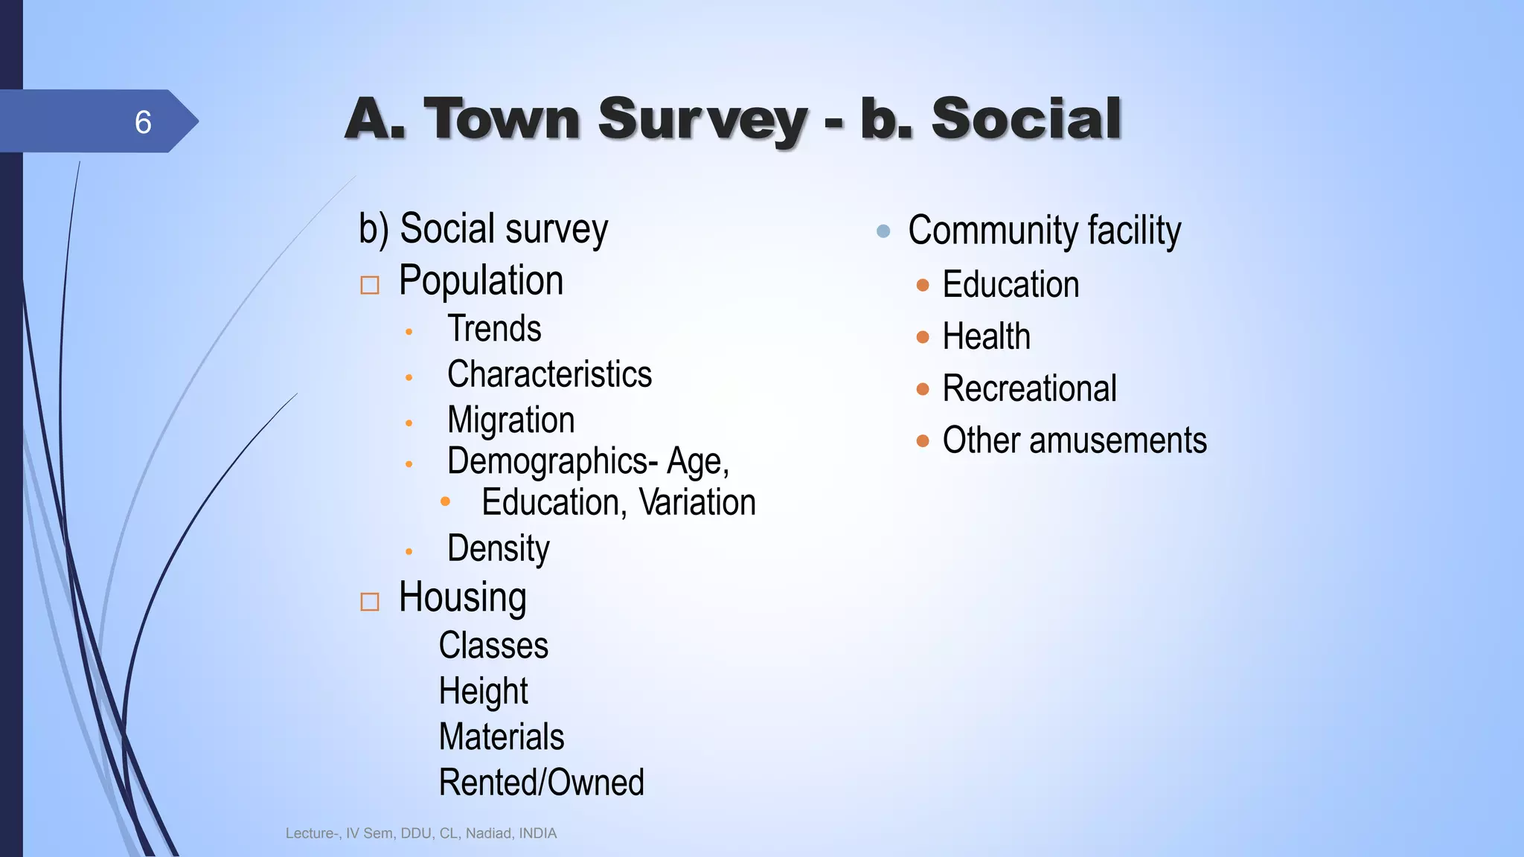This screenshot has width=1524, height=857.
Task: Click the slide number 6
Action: click(x=143, y=122)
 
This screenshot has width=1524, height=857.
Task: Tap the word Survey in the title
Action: click(x=702, y=119)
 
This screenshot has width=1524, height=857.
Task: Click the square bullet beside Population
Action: click(x=370, y=285)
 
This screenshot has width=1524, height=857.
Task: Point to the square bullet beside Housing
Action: click(x=370, y=601)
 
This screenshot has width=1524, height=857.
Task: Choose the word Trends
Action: click(x=494, y=329)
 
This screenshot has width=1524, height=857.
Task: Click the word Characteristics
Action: click(x=549, y=374)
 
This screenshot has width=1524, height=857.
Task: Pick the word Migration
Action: click(x=510, y=420)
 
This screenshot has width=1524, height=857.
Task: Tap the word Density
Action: click(x=498, y=549)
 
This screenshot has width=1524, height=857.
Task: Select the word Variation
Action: click(x=697, y=502)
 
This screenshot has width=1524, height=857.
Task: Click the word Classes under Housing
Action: click(x=493, y=646)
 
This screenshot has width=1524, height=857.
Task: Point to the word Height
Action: click(x=483, y=691)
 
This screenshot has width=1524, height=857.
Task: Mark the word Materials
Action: click(x=502, y=737)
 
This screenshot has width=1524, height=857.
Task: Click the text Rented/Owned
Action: click(x=541, y=783)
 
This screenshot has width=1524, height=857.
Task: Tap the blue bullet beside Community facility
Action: click(x=883, y=231)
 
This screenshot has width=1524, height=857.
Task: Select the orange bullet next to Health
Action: click(x=923, y=337)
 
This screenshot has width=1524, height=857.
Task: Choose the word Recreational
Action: click(x=1029, y=389)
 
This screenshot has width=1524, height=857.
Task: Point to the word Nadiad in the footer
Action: click(x=488, y=834)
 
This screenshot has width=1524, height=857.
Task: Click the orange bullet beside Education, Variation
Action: click(x=445, y=501)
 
